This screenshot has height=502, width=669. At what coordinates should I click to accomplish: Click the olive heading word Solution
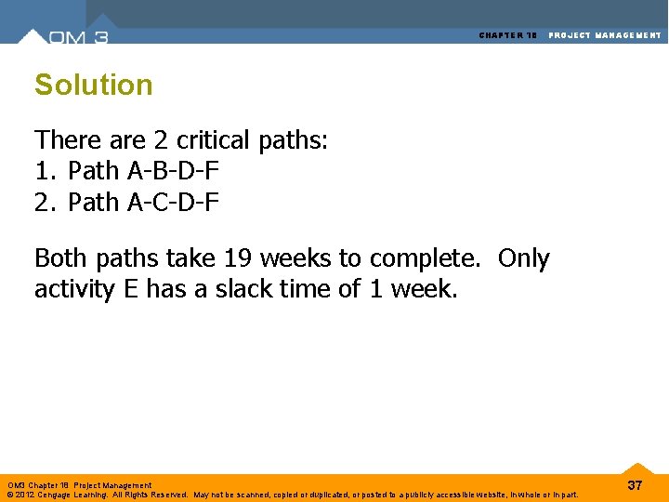click(x=93, y=85)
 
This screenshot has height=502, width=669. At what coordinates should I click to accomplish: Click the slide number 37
click(x=635, y=485)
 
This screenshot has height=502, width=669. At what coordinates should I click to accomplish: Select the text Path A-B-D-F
click(x=143, y=171)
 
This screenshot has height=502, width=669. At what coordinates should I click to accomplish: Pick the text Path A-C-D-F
click(x=143, y=202)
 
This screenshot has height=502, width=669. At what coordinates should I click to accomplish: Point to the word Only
click(x=523, y=258)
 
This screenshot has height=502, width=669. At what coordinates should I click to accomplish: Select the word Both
click(x=61, y=258)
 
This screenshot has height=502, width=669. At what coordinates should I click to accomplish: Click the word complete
click(x=440, y=258)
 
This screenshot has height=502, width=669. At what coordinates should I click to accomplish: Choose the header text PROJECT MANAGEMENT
click(x=605, y=35)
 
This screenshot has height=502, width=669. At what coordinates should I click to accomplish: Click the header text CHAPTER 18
click(x=508, y=35)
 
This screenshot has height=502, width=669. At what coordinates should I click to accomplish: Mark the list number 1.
click(x=43, y=171)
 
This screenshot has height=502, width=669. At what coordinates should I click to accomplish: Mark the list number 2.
click(x=43, y=202)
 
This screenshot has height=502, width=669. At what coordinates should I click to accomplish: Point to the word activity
click(x=75, y=289)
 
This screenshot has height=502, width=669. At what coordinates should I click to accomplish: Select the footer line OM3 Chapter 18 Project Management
click(x=79, y=485)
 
